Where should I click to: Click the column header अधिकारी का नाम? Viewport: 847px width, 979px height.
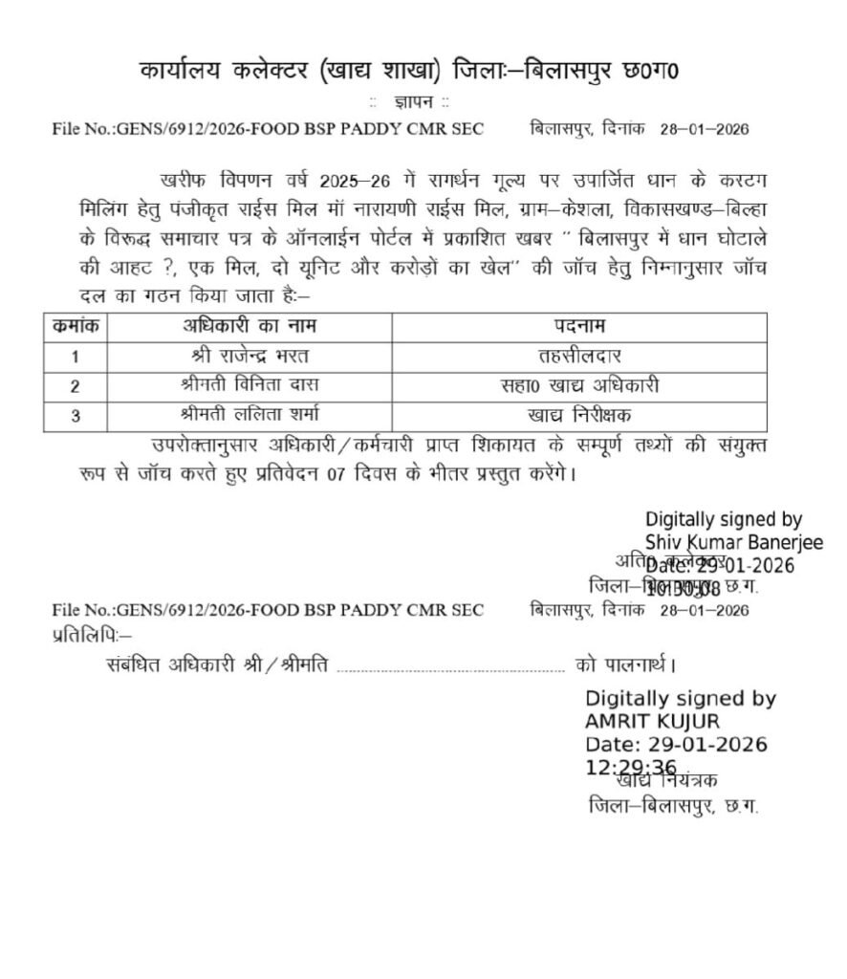(x=250, y=326)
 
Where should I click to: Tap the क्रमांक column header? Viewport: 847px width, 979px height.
(x=76, y=326)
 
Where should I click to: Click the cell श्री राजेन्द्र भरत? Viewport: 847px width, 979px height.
(x=250, y=356)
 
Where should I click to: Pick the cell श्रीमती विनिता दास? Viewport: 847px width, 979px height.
(x=250, y=385)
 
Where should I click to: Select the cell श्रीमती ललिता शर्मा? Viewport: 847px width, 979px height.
(x=250, y=415)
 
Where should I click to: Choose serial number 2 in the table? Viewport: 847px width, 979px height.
(x=76, y=386)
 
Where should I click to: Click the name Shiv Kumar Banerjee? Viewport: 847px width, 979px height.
(x=733, y=542)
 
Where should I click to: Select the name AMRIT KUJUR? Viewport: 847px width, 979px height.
(x=652, y=722)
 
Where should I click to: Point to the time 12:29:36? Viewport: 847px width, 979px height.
(x=631, y=768)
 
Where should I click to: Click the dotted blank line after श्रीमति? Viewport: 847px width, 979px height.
(x=451, y=666)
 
